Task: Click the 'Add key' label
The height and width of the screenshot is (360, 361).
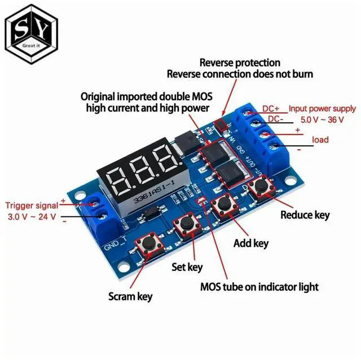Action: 251,243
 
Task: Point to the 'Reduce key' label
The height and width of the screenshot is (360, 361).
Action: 305,215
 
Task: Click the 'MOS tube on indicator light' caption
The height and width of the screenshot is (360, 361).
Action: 259,287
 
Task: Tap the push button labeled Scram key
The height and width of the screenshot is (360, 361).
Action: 149,244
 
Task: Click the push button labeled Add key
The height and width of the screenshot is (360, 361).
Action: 224,204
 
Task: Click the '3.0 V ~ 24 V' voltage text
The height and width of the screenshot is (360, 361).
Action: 32,216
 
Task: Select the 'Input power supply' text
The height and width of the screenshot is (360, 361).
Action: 322,109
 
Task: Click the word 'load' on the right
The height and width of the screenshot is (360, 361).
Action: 320,139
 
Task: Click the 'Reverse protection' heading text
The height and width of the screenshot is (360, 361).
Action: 240,62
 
